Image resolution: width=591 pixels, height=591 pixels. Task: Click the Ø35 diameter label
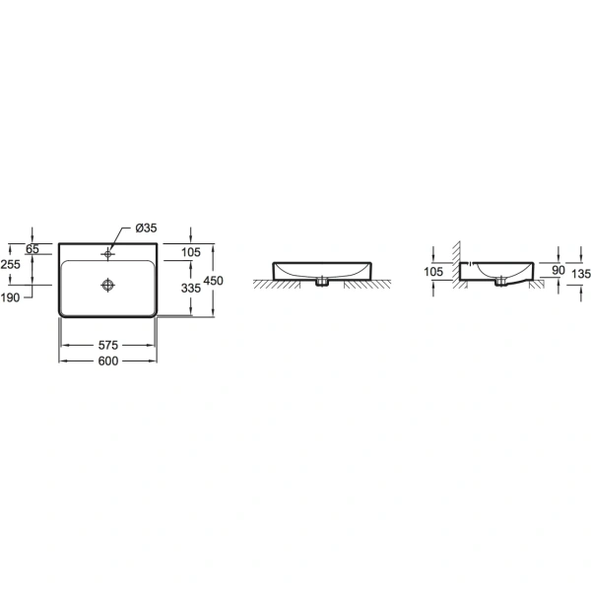pyautogui.click(x=146, y=229)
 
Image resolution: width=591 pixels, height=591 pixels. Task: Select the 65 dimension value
pyautogui.click(x=33, y=249)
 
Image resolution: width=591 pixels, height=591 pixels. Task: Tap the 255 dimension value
pyautogui.click(x=10, y=264)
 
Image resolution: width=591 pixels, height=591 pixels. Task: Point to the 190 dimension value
pyautogui.click(x=10, y=297)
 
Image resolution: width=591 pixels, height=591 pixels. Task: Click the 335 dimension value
pyautogui.click(x=191, y=289)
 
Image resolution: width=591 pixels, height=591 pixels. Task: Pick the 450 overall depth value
pyautogui.click(x=214, y=281)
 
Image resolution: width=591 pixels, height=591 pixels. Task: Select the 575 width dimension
pyautogui.click(x=108, y=345)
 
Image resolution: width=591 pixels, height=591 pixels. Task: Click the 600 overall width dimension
pyautogui.click(x=108, y=361)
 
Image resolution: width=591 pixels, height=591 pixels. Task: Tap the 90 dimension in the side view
pyautogui.click(x=558, y=270)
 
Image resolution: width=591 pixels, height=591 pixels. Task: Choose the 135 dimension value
pyautogui.click(x=581, y=274)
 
